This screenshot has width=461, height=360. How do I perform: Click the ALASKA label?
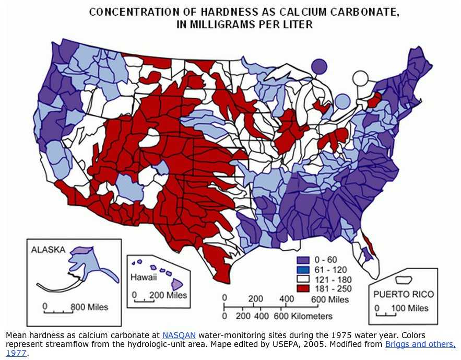(49, 250)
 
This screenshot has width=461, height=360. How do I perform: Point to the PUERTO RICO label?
(404, 294)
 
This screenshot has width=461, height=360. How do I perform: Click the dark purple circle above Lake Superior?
(319, 66)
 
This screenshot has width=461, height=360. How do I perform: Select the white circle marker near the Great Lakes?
(360, 79)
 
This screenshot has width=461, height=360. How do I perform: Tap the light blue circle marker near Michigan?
(342, 100)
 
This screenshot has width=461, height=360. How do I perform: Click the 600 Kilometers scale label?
(308, 316)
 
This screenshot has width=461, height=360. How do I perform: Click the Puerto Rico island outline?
(403, 281)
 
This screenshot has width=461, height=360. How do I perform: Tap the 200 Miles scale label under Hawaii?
(168, 295)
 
